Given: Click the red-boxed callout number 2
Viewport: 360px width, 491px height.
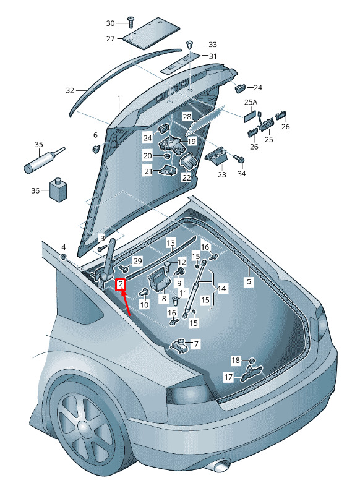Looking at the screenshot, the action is click(x=121, y=284).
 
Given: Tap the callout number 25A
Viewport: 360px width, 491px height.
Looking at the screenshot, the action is click(x=251, y=103).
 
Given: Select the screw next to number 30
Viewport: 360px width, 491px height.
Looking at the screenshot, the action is click(x=130, y=22).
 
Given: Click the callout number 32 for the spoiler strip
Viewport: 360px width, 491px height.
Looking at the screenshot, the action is click(x=70, y=90).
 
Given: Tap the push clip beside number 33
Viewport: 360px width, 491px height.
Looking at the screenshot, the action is click(x=189, y=45).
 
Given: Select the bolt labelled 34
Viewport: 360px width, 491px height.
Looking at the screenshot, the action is click(x=239, y=159).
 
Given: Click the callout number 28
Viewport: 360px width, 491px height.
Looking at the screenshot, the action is click(x=187, y=117).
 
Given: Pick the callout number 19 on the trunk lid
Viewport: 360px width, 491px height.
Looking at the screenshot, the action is click(x=191, y=141).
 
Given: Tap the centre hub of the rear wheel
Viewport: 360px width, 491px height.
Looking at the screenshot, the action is click(x=84, y=427).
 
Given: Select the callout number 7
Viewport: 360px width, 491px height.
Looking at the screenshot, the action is click(x=196, y=344).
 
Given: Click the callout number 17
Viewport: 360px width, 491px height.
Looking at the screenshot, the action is click(x=228, y=377).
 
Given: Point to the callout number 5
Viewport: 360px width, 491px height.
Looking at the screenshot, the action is click(x=249, y=281).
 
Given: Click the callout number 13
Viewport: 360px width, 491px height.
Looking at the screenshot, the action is click(x=171, y=242).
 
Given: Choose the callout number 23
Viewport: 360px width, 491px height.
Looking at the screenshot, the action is click(x=221, y=174).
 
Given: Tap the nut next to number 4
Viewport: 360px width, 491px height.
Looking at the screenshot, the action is click(x=63, y=257).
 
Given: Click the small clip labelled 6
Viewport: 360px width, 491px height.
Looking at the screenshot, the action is click(x=95, y=148).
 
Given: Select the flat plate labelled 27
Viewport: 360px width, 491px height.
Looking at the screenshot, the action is click(x=151, y=33).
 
